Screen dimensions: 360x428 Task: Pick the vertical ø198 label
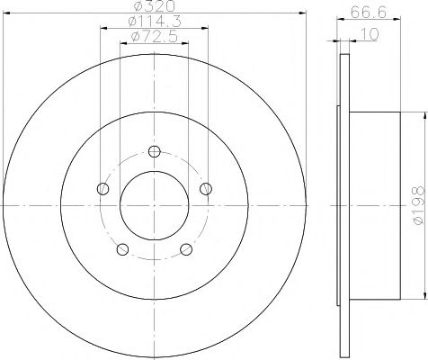(x=416, y=204)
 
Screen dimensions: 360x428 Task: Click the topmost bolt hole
(x=154, y=152)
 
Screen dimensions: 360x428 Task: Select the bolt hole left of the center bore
(x=102, y=189)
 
